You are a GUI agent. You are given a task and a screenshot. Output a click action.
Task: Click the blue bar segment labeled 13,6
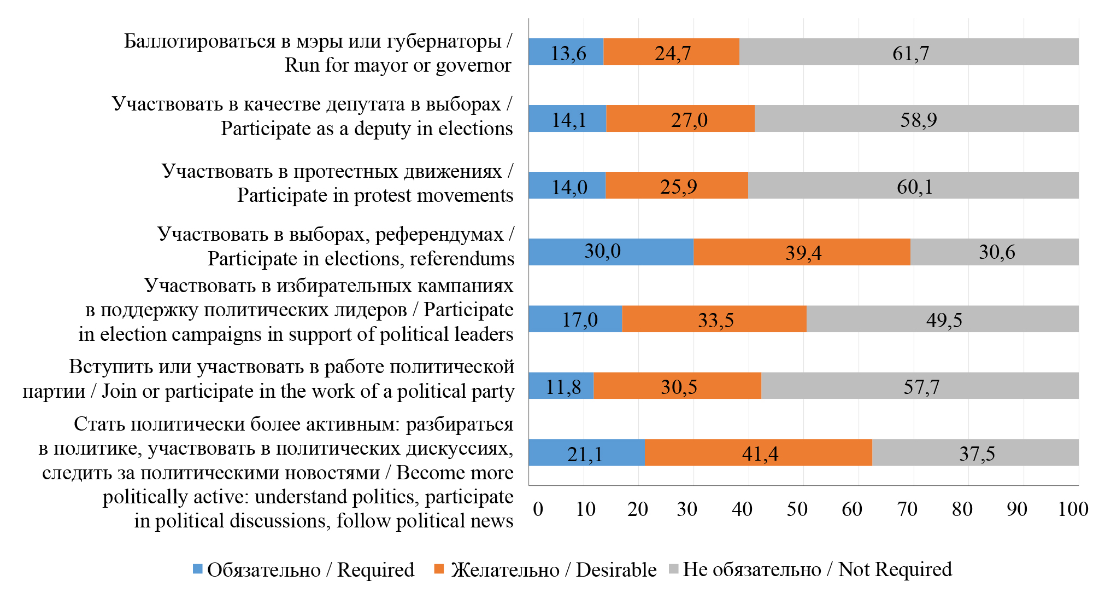click(x=566, y=53)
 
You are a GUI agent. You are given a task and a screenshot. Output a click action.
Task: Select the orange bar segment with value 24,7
click(x=671, y=53)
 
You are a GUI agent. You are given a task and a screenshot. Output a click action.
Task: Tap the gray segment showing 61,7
click(x=909, y=53)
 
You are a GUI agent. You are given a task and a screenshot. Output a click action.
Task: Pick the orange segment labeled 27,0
click(x=680, y=119)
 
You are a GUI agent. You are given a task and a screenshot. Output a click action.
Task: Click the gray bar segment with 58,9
click(x=916, y=119)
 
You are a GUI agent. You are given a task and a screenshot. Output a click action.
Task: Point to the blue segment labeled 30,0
click(x=611, y=252)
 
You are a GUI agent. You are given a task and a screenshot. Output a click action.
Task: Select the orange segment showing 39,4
click(x=802, y=252)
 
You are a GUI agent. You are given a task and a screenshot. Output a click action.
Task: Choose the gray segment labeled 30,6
click(x=994, y=252)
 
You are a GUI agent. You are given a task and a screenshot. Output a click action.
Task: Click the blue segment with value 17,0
click(x=575, y=319)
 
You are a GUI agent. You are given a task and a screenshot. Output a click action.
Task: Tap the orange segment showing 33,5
click(x=714, y=319)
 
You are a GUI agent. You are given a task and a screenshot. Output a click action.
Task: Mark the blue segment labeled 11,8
click(x=561, y=386)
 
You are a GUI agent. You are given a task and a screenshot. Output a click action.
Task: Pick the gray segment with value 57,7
click(x=920, y=386)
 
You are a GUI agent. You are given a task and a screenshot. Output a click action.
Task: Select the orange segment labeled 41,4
click(x=758, y=452)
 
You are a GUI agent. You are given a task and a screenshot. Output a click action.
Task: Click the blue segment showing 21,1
click(x=586, y=452)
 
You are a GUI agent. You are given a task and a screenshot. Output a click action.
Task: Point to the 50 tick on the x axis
click(x=797, y=509)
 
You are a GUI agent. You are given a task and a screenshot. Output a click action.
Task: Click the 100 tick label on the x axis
click(x=1073, y=509)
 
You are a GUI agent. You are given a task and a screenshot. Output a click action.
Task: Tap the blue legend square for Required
click(x=198, y=569)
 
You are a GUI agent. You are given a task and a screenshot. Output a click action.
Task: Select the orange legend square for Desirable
click(x=439, y=569)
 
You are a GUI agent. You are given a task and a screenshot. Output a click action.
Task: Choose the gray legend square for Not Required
click(x=673, y=569)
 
